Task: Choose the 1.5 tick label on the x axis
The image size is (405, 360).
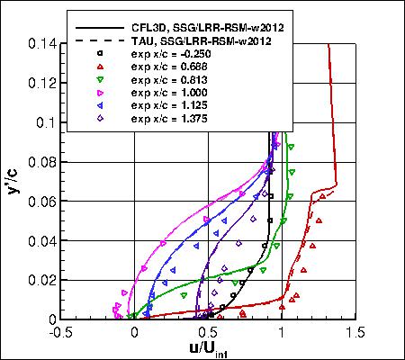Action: pos(355,332)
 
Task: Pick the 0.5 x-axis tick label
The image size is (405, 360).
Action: pos(208,332)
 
